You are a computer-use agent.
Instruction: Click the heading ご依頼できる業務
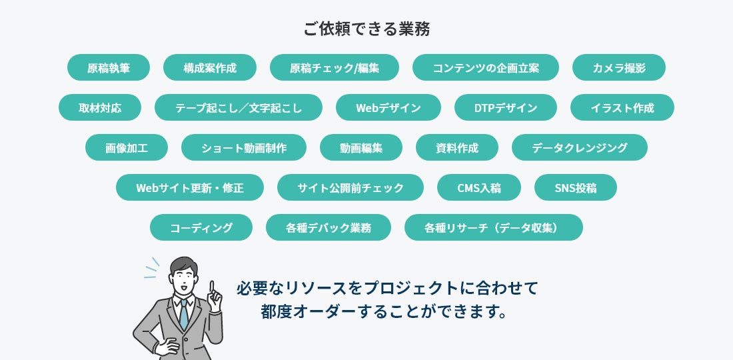tap(366, 29)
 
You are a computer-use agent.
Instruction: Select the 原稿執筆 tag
tap(109, 67)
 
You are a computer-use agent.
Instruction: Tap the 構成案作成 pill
tap(210, 67)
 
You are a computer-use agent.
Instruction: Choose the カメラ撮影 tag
tap(619, 67)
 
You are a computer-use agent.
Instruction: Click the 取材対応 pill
tap(100, 107)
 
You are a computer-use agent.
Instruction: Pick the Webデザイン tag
tap(388, 107)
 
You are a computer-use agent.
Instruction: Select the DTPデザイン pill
tap(506, 107)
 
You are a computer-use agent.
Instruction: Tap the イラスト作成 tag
tap(622, 107)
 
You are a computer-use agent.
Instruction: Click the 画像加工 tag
tap(127, 147)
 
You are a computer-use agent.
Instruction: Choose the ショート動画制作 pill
tap(244, 147)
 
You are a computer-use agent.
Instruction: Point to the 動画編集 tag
tap(361, 147)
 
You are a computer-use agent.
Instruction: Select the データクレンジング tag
tap(580, 147)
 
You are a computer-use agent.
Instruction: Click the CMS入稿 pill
tap(479, 187)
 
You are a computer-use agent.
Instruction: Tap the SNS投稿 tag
tap(576, 187)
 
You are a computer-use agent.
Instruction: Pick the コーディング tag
tap(201, 227)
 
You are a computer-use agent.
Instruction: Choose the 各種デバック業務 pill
tap(329, 227)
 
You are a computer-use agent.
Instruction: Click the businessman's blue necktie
tap(184, 314)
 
